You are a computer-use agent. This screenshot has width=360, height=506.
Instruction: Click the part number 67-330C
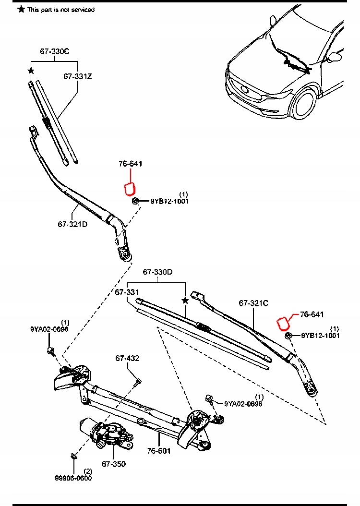coord(54,51)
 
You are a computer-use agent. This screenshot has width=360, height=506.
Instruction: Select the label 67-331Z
coord(78,76)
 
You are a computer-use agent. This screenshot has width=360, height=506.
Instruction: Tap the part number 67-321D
coord(72,224)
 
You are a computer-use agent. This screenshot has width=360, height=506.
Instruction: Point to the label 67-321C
coord(253,303)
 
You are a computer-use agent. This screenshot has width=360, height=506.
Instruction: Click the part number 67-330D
coord(157,272)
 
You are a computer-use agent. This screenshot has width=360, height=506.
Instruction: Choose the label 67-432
coord(127,358)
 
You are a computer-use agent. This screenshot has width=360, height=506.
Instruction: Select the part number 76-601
coord(159,451)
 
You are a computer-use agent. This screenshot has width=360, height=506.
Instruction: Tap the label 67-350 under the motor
coord(113,464)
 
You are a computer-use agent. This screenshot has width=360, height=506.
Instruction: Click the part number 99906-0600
coord(73,478)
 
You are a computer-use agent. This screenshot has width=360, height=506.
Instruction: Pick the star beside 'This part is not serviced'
coord(21,9)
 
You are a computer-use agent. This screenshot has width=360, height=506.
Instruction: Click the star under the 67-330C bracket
coord(31,71)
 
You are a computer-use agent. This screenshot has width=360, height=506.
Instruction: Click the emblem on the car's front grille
coord(245,90)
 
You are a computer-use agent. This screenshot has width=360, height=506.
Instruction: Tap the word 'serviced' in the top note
coord(82,10)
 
